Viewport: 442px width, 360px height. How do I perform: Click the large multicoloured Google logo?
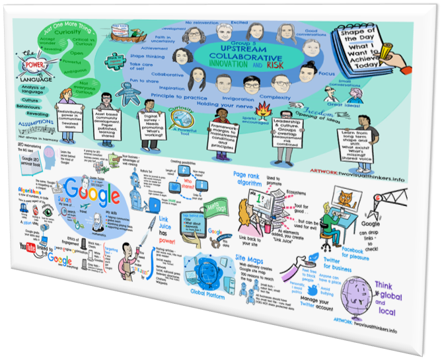96,195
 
